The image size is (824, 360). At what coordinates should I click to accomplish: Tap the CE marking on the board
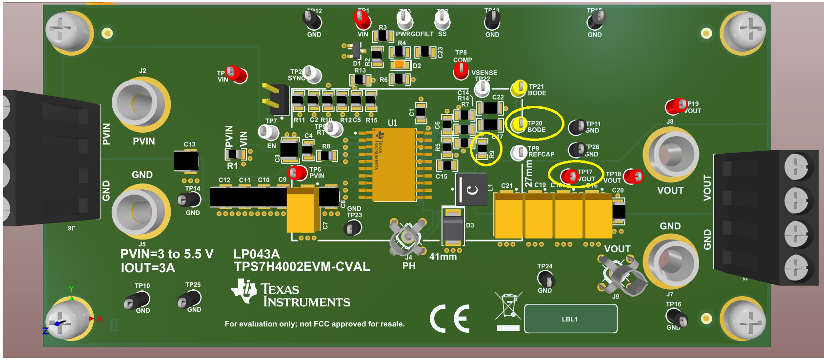[x=449, y=319]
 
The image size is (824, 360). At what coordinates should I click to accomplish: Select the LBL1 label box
[x=570, y=319]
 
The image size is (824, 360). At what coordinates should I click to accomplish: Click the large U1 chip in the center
[x=394, y=165]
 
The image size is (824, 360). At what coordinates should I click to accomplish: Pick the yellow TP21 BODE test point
[x=519, y=88]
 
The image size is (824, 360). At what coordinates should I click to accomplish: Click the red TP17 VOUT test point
[x=569, y=176]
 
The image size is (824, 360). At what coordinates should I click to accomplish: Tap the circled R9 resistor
[x=482, y=149]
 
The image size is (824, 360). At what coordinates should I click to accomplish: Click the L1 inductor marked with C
[x=472, y=189]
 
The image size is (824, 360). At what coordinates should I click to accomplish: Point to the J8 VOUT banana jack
[x=671, y=155]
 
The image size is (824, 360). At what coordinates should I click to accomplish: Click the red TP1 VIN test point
[x=362, y=19]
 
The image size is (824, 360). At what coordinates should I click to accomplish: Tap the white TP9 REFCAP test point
[x=518, y=152]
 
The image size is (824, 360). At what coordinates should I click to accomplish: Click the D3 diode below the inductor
[x=453, y=226]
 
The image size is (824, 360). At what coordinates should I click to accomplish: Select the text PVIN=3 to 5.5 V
[x=167, y=254]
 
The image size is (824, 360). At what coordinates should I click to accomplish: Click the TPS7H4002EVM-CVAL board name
[x=301, y=266]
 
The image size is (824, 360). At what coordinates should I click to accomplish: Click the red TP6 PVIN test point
[x=297, y=172]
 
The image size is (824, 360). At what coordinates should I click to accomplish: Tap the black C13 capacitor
[x=186, y=161]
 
